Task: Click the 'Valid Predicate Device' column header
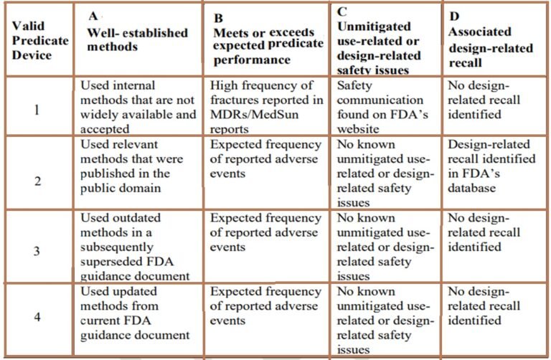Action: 39,41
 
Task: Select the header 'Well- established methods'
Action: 137,40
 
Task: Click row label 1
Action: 38,111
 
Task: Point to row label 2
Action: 38,179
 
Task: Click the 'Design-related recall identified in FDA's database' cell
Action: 491,166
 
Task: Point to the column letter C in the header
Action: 342,11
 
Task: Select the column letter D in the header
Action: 455,16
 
